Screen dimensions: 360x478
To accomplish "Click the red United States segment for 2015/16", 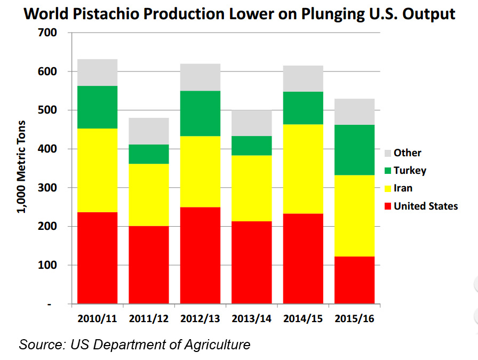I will (x=354, y=280).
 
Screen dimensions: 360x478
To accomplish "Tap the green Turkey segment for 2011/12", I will (x=148, y=154).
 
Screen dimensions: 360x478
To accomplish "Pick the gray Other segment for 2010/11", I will (x=98, y=73).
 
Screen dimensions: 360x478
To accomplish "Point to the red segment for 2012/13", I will (x=200, y=255).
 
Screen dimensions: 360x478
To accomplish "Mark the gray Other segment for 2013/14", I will (x=251, y=123).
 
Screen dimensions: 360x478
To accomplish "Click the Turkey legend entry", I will (x=410, y=171).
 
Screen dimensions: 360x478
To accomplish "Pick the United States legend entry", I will (x=425, y=206).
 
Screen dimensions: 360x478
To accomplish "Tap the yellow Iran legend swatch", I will (x=388, y=188).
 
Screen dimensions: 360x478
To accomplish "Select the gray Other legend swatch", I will (x=388, y=153).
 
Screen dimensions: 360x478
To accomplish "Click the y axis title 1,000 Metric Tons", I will (x=21, y=167).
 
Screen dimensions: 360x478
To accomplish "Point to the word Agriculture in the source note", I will (x=214, y=345).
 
